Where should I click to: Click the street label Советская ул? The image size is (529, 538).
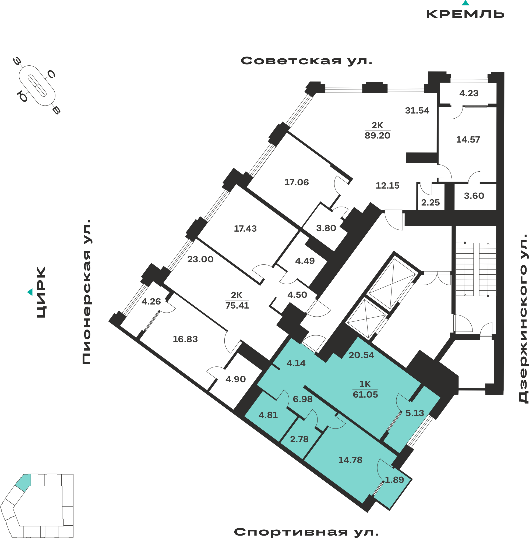pyautogui.click(x=306, y=61)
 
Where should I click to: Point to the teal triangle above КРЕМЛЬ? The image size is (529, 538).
pyautogui.click(x=466, y=3)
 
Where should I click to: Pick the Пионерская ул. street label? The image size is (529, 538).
pyautogui.click(x=86, y=292)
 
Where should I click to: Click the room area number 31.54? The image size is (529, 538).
pyautogui.click(x=417, y=111)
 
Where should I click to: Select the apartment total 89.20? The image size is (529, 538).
pyautogui.click(x=377, y=136)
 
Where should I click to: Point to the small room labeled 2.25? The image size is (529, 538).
pyautogui.click(x=430, y=203)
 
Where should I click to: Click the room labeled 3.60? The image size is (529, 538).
pyautogui.click(x=474, y=196)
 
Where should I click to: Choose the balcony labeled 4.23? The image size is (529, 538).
pyautogui.click(x=469, y=93)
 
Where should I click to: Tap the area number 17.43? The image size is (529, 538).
pyautogui.click(x=245, y=229)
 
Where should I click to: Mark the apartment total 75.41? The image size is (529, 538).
pyautogui.click(x=237, y=306)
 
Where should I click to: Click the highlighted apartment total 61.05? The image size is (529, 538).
pyautogui.click(x=365, y=394)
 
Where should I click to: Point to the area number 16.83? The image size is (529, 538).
pyautogui.click(x=185, y=339)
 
